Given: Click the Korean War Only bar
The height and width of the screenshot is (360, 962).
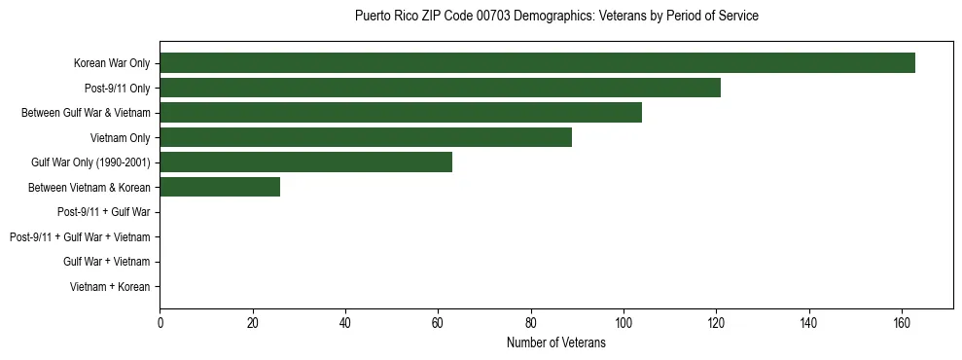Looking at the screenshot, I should [x=537, y=63].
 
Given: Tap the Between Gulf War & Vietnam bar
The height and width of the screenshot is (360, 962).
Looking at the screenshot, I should [x=401, y=113].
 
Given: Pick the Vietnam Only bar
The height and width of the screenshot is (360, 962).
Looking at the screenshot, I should [x=366, y=137].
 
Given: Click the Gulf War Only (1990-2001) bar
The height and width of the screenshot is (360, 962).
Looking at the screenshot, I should [x=305, y=162].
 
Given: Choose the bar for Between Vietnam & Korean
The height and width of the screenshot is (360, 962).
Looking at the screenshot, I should [x=220, y=187].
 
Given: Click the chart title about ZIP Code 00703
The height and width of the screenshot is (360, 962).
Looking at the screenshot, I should [x=556, y=17].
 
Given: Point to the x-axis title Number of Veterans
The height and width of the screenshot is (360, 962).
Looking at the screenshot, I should [x=556, y=342].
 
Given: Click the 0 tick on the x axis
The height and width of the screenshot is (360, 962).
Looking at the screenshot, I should [x=160, y=322].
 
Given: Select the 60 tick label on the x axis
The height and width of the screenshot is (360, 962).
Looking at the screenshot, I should [x=438, y=322].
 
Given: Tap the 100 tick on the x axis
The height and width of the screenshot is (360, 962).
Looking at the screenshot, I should [x=624, y=322].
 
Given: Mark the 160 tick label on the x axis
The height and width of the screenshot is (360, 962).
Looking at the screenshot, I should [x=902, y=322].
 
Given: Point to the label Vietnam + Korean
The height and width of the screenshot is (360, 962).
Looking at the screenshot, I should [x=110, y=287].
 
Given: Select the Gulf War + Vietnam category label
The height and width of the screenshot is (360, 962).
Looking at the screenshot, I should [x=106, y=262].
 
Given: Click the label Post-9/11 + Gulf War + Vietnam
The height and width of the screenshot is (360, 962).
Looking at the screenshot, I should [x=80, y=237].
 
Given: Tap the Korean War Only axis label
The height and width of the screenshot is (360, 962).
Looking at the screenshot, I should [x=112, y=63].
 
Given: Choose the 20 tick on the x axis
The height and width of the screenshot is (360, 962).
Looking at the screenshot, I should [x=252, y=322].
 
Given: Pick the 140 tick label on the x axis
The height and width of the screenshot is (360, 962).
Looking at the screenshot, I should [x=809, y=322].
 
